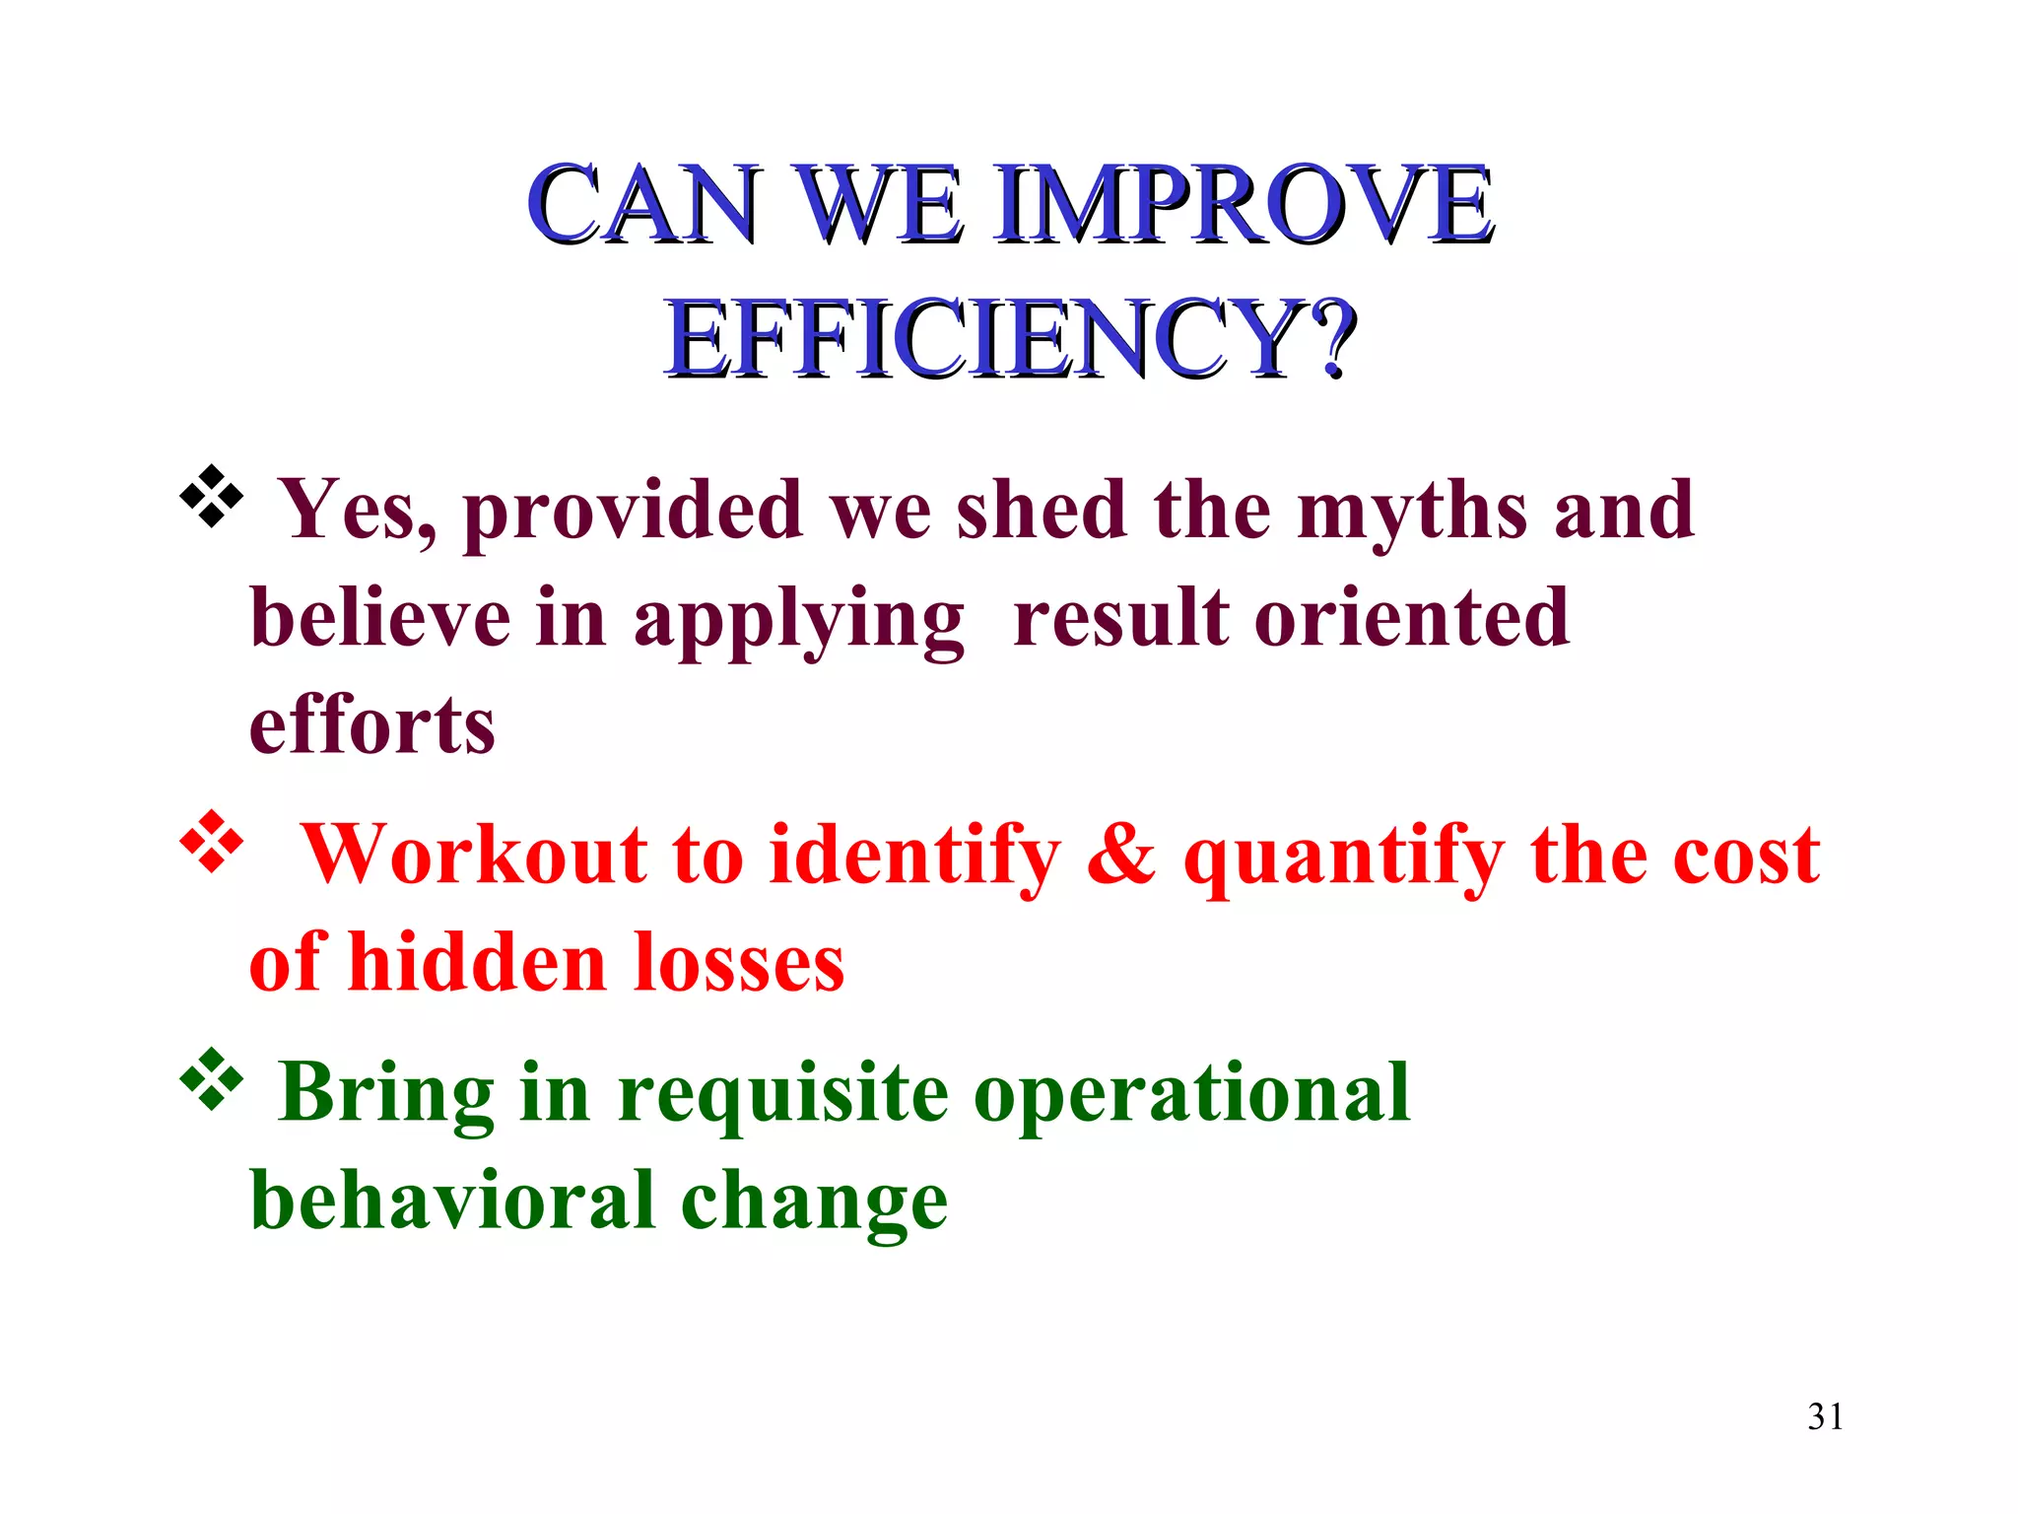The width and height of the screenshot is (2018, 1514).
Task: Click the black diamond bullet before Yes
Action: tap(211, 496)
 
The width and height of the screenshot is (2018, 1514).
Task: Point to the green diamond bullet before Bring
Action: tap(211, 1079)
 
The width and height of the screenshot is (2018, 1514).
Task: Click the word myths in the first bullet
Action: tap(1412, 513)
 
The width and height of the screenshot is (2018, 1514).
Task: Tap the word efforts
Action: tap(371, 726)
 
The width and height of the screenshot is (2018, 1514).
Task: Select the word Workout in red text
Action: tap(473, 855)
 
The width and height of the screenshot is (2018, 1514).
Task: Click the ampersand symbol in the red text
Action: tap(1121, 855)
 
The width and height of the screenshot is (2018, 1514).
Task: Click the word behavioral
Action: tap(452, 1201)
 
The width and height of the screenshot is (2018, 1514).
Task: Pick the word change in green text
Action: tap(814, 1203)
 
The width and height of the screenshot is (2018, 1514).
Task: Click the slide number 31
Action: tap(1825, 1416)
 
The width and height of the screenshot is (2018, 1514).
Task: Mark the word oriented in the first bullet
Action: tap(1411, 619)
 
